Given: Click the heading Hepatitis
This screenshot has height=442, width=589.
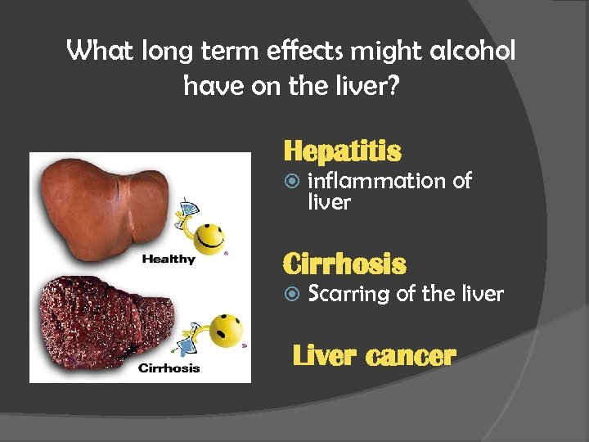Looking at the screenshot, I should point(342,151).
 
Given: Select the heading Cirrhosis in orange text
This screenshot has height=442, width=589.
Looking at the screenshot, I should point(344,264).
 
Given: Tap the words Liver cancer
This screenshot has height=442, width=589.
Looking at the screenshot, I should point(373,356).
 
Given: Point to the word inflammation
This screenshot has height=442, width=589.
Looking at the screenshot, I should point(376,181).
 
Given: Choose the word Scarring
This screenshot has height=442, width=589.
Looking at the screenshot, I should point(348,294).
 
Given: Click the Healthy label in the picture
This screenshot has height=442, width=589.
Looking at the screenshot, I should point(169,259).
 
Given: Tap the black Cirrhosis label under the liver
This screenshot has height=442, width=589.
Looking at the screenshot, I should point(169,368).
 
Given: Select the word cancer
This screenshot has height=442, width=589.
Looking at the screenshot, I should point(411,356).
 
